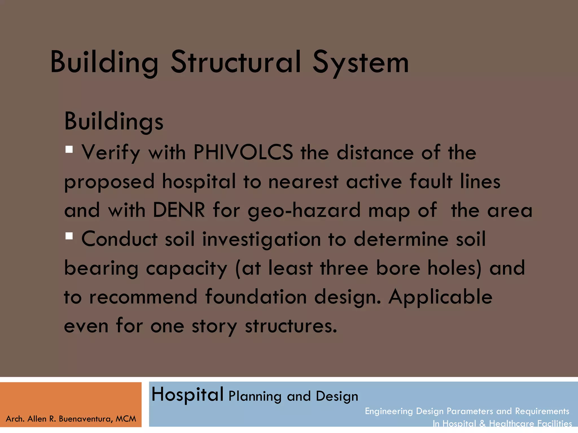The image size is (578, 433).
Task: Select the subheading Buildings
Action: [x=114, y=122]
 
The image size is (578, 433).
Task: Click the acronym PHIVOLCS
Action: [x=243, y=153]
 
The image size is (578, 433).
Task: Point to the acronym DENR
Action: [x=179, y=210]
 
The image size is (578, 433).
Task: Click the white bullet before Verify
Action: [x=69, y=149]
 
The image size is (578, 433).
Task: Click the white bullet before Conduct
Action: [x=69, y=236]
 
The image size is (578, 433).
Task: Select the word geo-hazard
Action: [x=304, y=211]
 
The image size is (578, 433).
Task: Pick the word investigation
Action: [x=262, y=240]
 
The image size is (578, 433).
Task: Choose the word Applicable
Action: [x=441, y=297]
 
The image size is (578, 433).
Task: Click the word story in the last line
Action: [x=214, y=326]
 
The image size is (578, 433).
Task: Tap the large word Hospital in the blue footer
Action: [x=187, y=394]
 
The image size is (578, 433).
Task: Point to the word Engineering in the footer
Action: [x=389, y=411]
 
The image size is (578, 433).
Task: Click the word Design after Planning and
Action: [x=337, y=396]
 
